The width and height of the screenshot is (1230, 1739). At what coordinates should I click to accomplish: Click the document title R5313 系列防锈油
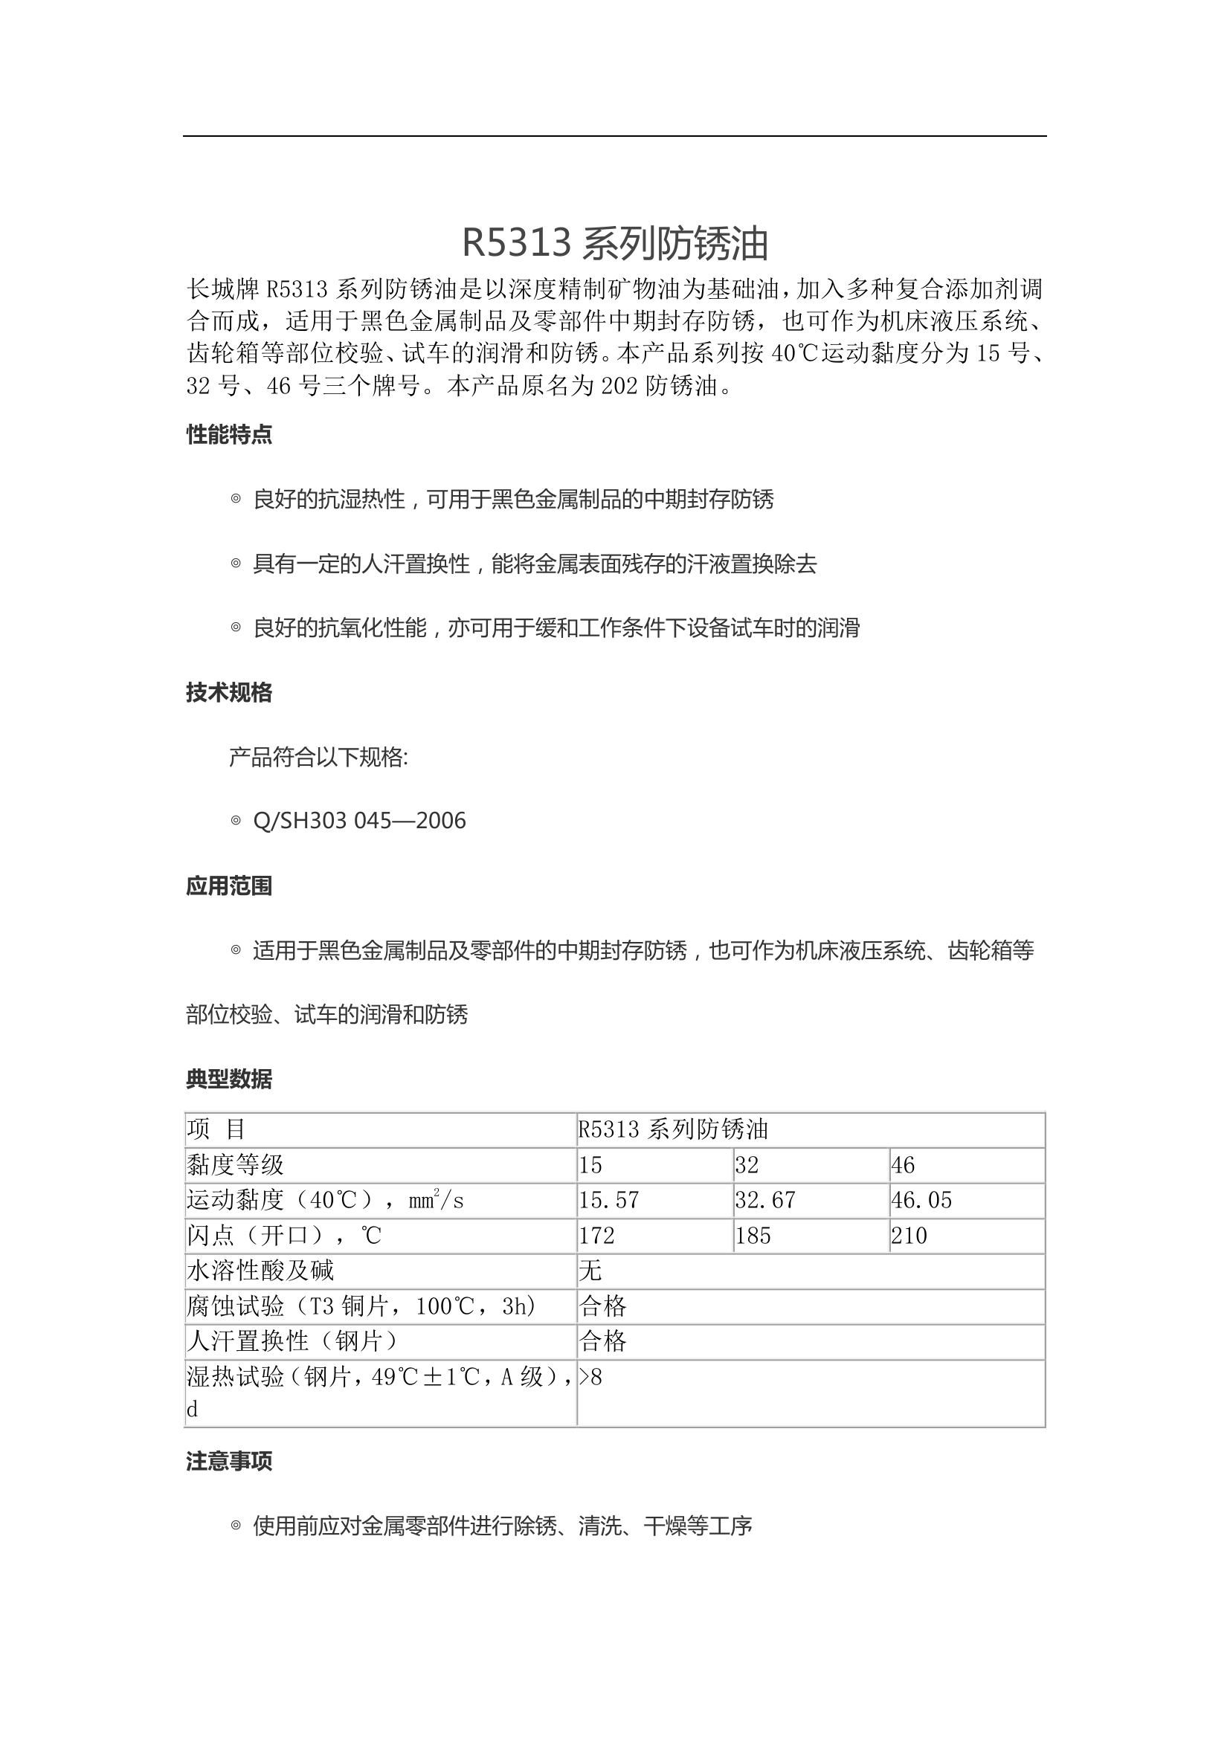point(615,243)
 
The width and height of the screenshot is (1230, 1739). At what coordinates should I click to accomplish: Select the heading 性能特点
point(229,435)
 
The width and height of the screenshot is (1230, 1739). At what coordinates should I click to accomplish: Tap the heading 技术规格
point(229,692)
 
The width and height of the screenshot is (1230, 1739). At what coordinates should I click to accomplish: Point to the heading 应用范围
point(229,885)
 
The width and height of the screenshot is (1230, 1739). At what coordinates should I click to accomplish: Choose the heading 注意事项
point(229,1461)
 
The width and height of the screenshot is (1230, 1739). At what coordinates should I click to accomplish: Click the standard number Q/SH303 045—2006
point(359,821)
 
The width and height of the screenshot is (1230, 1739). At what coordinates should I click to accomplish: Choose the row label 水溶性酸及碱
point(260,1270)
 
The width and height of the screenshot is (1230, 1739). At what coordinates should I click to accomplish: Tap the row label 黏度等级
point(236,1164)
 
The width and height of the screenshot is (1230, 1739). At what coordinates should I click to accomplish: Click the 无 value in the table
point(590,1270)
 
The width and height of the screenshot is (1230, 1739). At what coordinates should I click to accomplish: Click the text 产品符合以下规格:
point(318,757)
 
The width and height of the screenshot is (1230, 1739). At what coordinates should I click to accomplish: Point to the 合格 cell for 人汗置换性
point(603,1341)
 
